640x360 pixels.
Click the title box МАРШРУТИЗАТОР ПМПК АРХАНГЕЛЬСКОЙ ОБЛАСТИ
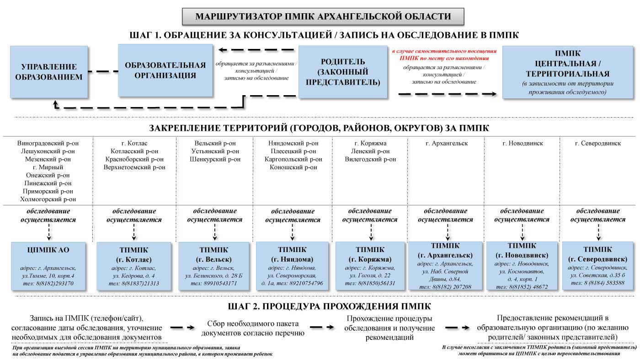[323, 16]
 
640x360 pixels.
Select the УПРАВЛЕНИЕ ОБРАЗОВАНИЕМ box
[49, 72]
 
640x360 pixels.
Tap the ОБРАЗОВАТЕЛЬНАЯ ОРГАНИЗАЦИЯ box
[165, 70]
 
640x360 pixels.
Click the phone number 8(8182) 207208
[445, 287]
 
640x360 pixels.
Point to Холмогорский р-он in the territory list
[48, 199]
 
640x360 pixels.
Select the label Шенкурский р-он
[214, 159]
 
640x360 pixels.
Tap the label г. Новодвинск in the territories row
[523, 143]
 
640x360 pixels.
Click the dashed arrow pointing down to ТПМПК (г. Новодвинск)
[523, 232]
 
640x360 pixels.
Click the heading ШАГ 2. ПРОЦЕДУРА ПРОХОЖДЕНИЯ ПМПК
[329, 306]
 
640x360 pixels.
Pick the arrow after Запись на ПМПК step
[183, 328]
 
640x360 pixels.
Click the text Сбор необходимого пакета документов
[253, 328]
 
